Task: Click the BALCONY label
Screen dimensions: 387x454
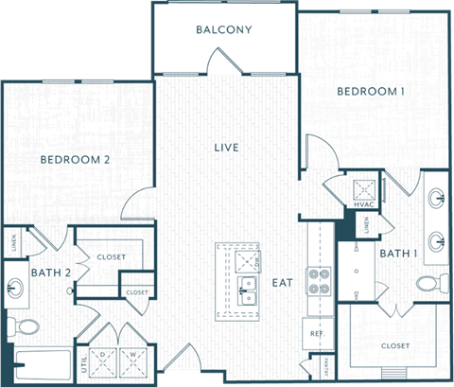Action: click(x=224, y=29)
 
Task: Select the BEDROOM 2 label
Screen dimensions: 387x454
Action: click(x=76, y=160)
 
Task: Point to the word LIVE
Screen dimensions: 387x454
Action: click(x=225, y=148)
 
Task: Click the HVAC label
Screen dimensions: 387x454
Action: click(x=364, y=204)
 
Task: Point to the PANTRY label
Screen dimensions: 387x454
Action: click(x=327, y=363)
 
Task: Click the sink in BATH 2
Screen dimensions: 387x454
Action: click(x=16, y=286)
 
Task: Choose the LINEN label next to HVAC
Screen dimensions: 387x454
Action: click(x=366, y=225)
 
